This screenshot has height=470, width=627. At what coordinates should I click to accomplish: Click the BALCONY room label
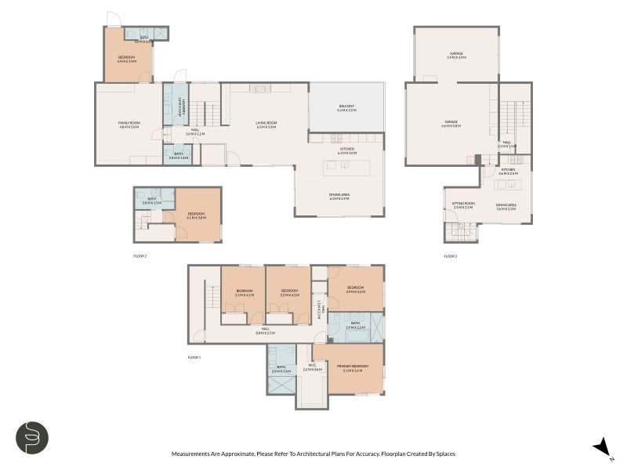pyautogui.click(x=346, y=108)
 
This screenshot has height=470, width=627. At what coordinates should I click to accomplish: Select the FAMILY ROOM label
pyautogui.click(x=129, y=124)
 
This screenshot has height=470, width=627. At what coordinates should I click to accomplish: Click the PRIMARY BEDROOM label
pyautogui.click(x=355, y=367)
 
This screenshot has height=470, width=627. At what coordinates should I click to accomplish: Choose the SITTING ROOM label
pyautogui.click(x=462, y=205)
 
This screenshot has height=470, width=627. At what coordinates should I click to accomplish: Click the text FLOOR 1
pyautogui.click(x=194, y=357)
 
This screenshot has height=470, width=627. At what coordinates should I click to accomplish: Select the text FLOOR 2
pyautogui.click(x=140, y=256)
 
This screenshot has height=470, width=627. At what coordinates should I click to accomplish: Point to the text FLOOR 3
pyautogui.click(x=450, y=256)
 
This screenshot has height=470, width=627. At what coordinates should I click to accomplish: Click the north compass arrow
pyautogui.click(x=602, y=446)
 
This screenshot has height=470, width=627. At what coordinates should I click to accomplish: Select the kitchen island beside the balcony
pyautogui.click(x=342, y=164)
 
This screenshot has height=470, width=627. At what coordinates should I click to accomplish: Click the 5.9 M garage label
pyautogui.click(x=456, y=55)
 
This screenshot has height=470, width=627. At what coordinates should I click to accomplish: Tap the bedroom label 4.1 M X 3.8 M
pyautogui.click(x=196, y=215)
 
